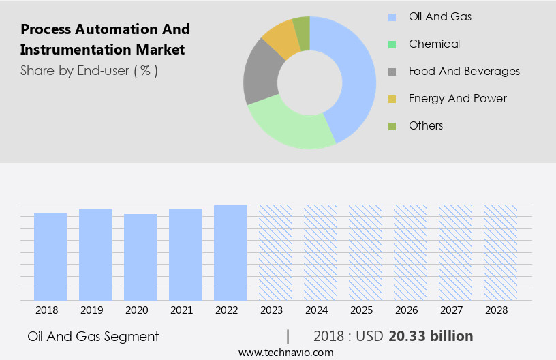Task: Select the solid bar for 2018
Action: click(50, 256)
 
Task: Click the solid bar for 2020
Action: click(140, 257)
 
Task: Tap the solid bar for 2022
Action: click(230, 252)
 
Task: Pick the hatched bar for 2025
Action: click(365, 252)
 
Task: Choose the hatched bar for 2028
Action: click(500, 252)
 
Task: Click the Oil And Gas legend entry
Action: click(439, 16)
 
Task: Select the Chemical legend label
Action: click(434, 44)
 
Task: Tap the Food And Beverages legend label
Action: click(464, 71)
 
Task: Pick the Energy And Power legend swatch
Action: click(392, 99)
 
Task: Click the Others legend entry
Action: click(426, 125)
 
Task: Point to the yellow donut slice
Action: click(281, 40)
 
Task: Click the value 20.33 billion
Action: click(431, 336)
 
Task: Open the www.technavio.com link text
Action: click(286, 352)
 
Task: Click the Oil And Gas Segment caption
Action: click(93, 336)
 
